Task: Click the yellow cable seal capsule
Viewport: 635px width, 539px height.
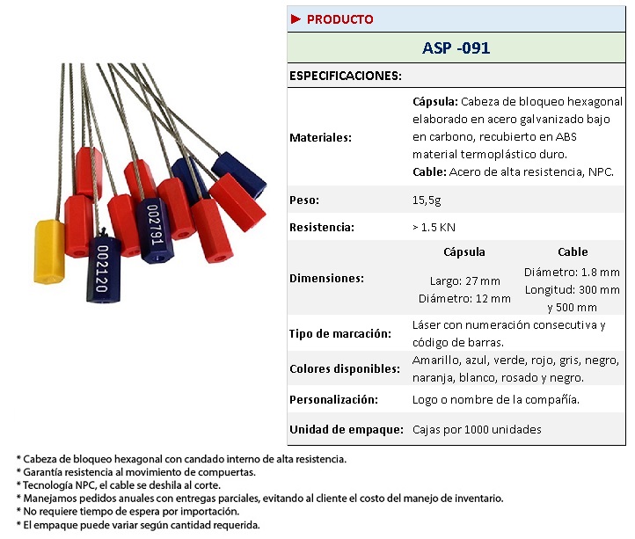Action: tap(48, 251)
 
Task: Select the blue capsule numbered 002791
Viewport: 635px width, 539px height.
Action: tap(156, 228)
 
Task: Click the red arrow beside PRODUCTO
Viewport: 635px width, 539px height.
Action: tap(296, 19)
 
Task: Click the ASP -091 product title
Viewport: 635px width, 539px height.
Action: tap(456, 48)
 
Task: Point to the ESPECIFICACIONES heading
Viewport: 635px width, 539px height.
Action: tap(346, 76)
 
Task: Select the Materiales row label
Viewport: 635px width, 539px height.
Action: tap(321, 137)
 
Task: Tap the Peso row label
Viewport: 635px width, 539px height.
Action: tap(305, 200)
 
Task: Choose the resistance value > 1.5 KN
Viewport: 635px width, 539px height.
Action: tap(440, 227)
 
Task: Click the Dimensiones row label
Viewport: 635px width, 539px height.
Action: tap(326, 278)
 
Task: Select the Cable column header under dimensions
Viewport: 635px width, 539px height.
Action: tap(573, 251)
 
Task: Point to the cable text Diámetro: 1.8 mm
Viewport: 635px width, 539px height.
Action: tap(572, 273)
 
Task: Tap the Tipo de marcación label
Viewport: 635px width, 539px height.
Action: tap(339, 334)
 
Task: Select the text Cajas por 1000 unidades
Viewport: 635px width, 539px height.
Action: tap(477, 429)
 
